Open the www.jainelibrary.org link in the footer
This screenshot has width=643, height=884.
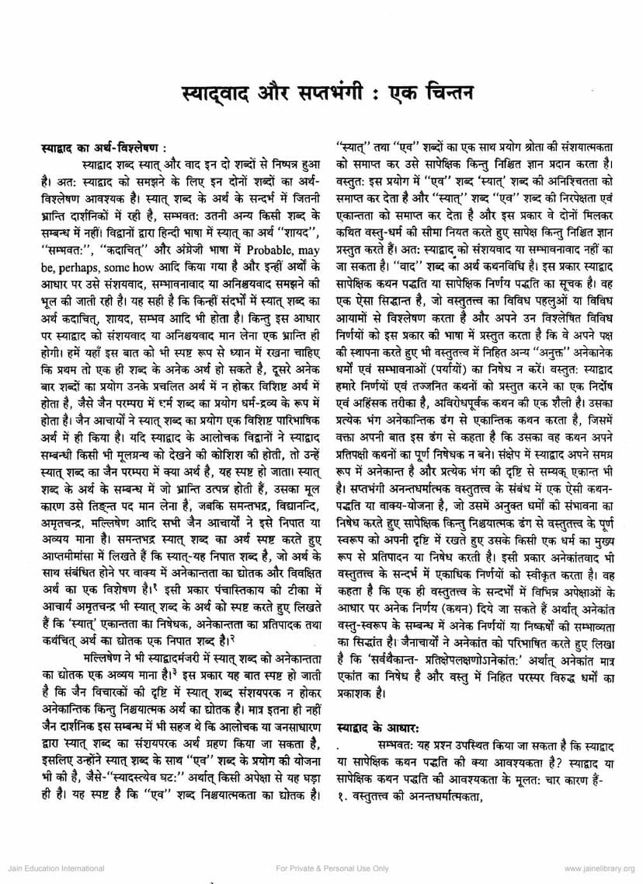tap(598, 868)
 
